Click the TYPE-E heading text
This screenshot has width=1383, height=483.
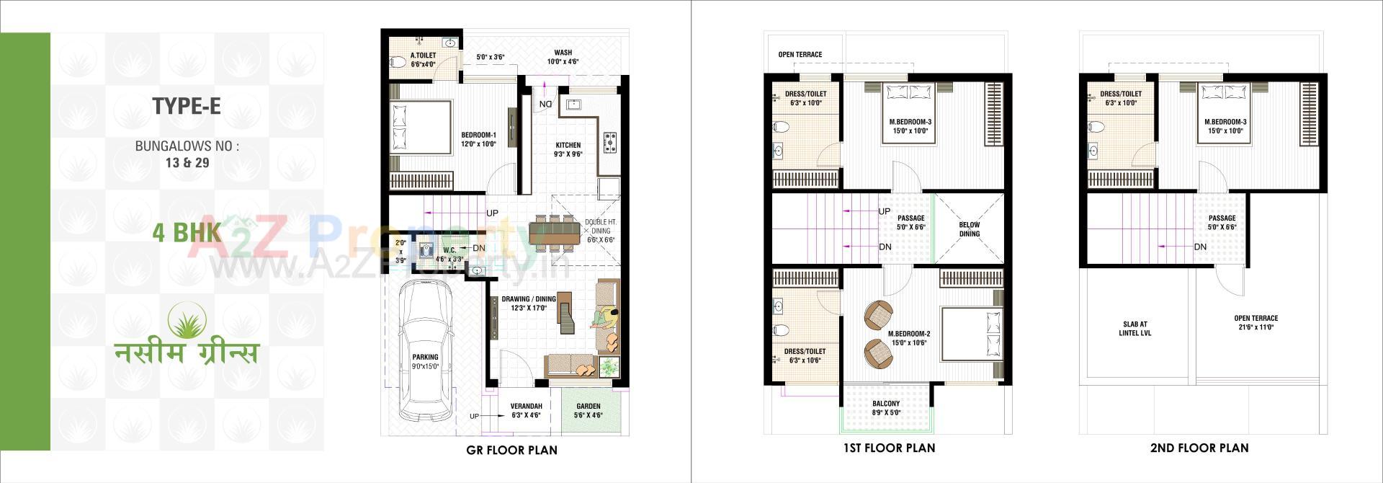(x=186, y=106)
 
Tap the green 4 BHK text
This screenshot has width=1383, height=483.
(x=186, y=233)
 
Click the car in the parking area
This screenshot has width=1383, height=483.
(x=426, y=349)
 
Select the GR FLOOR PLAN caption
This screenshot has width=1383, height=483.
(x=511, y=450)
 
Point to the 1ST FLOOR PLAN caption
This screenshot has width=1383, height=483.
(x=889, y=448)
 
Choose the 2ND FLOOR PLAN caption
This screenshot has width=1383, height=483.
(x=1199, y=448)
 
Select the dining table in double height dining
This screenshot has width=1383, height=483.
(x=553, y=232)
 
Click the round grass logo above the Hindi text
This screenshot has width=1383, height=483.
(x=187, y=320)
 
